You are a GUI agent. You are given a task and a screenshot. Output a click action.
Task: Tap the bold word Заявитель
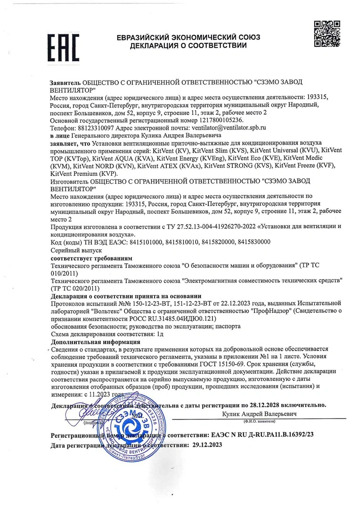66,82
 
